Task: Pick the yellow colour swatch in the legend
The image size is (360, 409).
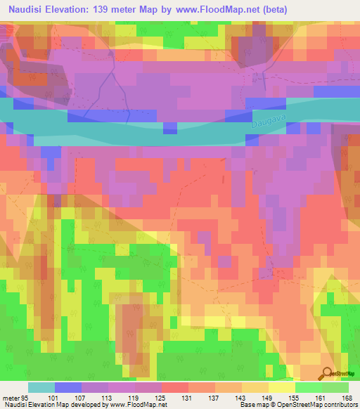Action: [x=282, y=387]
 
